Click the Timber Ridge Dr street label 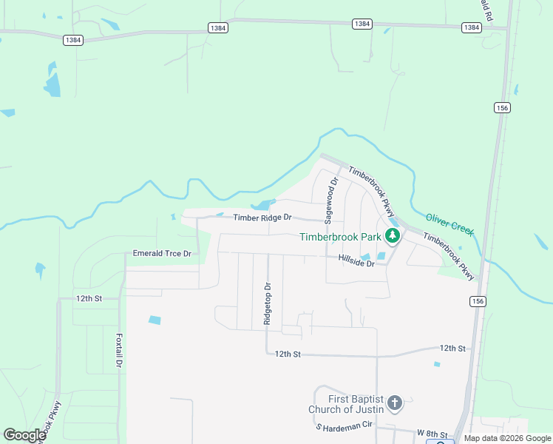click(263, 218)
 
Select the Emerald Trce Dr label click(162, 254)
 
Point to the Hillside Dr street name click(357, 263)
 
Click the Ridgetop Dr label click(268, 303)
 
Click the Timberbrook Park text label click(340, 237)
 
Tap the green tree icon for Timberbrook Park click(393, 237)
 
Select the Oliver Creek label click(449, 224)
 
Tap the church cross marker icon click(395, 403)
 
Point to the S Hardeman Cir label click(345, 427)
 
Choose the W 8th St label click(432, 433)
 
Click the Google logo click(24, 435)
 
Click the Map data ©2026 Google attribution click(508, 438)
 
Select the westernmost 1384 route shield click(72, 40)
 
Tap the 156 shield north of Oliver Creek click(503, 107)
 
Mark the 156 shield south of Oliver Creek click(477, 301)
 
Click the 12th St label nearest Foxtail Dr click(87, 298)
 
